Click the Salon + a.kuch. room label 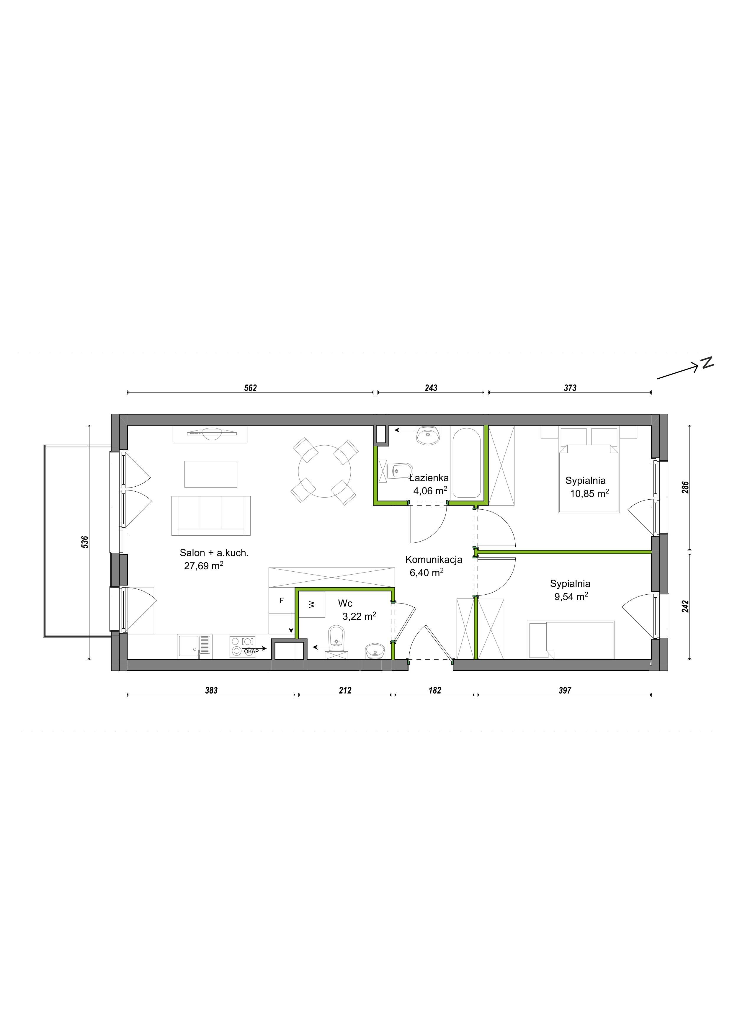214,553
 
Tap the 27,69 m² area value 204,566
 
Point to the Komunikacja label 434,560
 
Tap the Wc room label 345,604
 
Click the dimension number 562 251,388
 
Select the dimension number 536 85,542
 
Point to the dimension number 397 565,690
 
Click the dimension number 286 685,488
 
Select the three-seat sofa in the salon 211,515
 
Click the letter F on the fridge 282,601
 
